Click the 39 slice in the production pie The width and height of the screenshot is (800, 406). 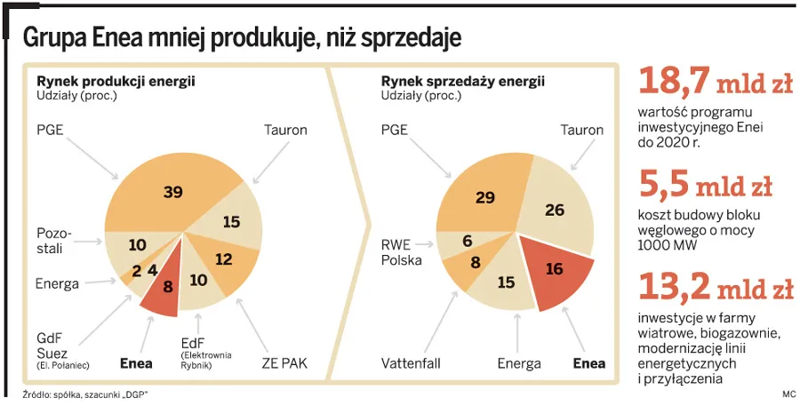click(173, 193)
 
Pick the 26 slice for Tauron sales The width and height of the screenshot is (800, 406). click(556, 211)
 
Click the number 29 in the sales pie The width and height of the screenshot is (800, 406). click(484, 197)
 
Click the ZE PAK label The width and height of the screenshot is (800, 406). click(283, 362)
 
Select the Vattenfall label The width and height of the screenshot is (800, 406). click(411, 363)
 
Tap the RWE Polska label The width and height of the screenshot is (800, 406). click(402, 252)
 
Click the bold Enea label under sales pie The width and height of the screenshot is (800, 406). click(588, 363)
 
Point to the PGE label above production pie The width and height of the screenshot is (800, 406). click(50, 130)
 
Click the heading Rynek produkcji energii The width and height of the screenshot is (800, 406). click(116, 81)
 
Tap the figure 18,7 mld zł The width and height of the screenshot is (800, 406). click(716, 84)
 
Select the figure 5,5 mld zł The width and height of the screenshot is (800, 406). click(706, 185)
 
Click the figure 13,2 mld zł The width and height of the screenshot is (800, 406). click(716, 287)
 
